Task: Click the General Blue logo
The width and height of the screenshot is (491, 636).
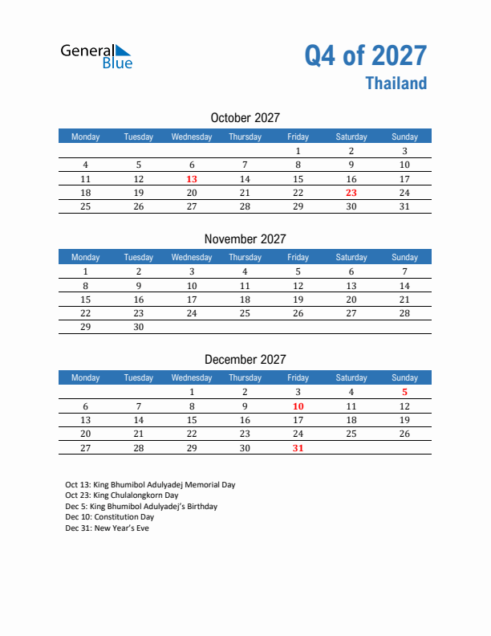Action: tap(96, 55)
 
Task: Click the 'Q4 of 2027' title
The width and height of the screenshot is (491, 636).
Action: tap(365, 55)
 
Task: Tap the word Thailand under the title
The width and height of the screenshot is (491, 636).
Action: tap(396, 84)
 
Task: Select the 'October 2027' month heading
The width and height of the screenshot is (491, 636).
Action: tap(245, 118)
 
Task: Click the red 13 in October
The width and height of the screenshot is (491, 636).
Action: tap(192, 179)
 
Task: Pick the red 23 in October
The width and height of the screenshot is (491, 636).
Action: tap(351, 193)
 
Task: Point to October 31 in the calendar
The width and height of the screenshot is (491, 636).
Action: tap(404, 206)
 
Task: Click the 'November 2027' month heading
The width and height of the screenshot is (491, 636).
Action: tap(245, 238)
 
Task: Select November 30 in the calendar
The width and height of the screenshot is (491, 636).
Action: tap(139, 327)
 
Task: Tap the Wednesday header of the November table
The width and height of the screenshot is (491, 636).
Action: tap(192, 258)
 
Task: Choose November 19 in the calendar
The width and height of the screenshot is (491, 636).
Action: tap(298, 300)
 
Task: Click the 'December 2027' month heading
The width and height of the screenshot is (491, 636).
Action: tap(245, 360)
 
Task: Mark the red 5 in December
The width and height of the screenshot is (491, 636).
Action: tap(404, 393)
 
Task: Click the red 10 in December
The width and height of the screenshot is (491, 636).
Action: tap(298, 406)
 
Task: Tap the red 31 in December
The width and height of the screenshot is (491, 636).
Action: tap(298, 448)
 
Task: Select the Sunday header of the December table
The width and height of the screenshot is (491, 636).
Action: tap(404, 378)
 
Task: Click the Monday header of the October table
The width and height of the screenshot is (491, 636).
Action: tap(86, 137)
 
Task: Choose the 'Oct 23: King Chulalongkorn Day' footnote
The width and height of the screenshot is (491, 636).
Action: tap(121, 496)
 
